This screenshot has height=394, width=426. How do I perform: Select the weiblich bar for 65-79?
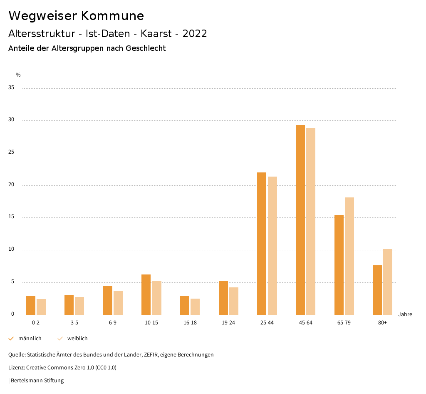click(349, 256)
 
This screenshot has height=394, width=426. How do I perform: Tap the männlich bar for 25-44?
click(262, 244)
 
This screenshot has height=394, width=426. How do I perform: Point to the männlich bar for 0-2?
click(31, 305)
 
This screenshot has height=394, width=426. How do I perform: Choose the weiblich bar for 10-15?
click(157, 298)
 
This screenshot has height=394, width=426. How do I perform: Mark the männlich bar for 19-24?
click(223, 298)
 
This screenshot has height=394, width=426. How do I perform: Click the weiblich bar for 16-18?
click(195, 307)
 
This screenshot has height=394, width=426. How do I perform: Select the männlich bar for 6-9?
click(108, 301)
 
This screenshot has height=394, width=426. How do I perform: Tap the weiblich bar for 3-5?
click(79, 306)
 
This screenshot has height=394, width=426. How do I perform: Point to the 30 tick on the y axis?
click(11, 120)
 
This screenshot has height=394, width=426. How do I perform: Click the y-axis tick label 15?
click(11, 217)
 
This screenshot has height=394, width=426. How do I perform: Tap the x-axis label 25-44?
click(267, 323)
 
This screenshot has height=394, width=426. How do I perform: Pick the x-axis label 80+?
click(382, 323)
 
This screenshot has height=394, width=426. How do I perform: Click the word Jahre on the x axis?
click(405, 314)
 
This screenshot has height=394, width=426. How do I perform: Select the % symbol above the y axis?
click(18, 75)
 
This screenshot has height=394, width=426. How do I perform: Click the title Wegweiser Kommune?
click(76, 16)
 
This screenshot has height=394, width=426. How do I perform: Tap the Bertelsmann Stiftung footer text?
click(36, 381)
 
